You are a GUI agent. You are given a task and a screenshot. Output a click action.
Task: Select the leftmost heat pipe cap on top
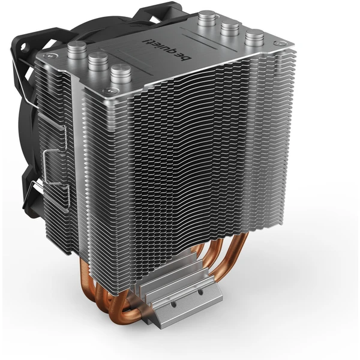tap(77, 50)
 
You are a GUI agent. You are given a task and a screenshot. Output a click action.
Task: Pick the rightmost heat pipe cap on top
tap(254, 38)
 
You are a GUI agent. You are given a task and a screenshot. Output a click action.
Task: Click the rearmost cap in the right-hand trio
tap(208, 19)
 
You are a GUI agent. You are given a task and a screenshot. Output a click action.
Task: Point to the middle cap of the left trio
tap(98, 62)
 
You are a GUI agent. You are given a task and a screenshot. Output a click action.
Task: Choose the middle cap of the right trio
tap(230, 28)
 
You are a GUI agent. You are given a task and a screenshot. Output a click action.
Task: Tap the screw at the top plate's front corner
tap(109, 91)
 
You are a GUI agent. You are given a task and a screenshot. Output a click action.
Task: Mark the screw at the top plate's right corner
tap(279, 43)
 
